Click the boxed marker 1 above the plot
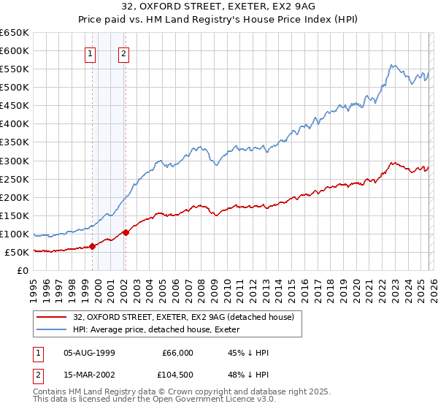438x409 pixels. pos(90,53)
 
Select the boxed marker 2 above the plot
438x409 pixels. pos(123,53)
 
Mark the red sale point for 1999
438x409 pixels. pos(93,246)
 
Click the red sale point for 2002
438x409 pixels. pos(126,232)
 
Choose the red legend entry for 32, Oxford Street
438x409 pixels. pos(182,317)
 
